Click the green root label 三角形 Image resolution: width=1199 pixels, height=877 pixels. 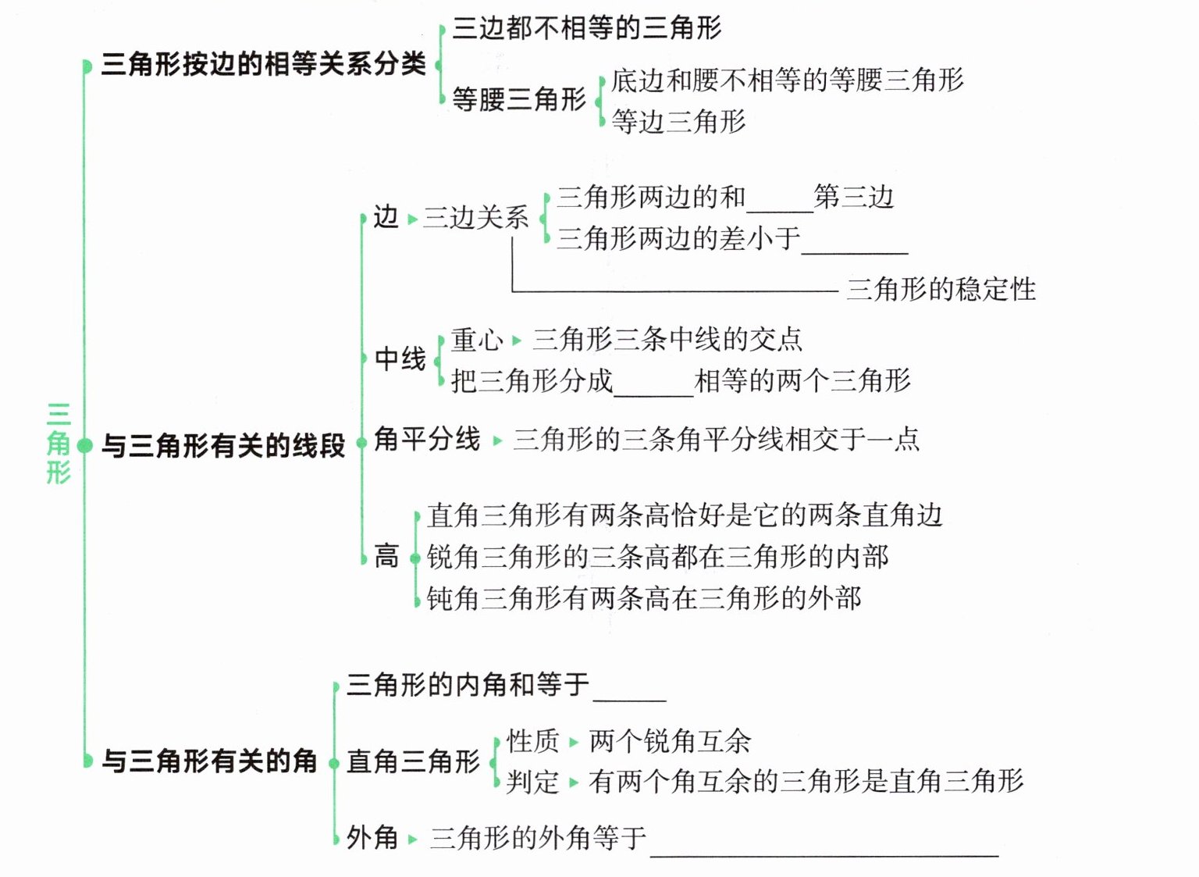[59, 444]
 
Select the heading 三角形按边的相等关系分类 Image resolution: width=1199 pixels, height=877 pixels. [263, 64]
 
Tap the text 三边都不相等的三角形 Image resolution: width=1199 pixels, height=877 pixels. [587, 28]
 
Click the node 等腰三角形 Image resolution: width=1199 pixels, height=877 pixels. [519, 99]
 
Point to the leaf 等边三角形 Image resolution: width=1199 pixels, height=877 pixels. [678, 122]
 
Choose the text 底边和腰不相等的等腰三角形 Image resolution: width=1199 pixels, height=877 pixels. [787, 80]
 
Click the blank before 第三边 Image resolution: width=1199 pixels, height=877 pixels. [779, 205]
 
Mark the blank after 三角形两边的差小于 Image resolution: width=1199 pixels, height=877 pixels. [855, 245]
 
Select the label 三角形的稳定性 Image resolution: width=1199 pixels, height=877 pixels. [941, 290]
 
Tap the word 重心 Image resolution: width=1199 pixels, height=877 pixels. [477, 340]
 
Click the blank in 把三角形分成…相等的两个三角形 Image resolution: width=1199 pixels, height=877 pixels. [653, 389]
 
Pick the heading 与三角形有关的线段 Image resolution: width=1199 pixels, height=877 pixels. [223, 445]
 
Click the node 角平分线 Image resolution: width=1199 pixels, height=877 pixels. [427, 439]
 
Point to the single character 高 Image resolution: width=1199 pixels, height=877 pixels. [386, 556]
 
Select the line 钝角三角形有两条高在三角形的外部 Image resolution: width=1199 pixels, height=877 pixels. [644, 598]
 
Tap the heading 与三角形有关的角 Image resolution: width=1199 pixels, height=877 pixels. [209, 761]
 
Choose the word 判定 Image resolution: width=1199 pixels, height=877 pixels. [533, 782]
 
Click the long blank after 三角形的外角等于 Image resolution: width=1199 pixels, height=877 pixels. [824, 848]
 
